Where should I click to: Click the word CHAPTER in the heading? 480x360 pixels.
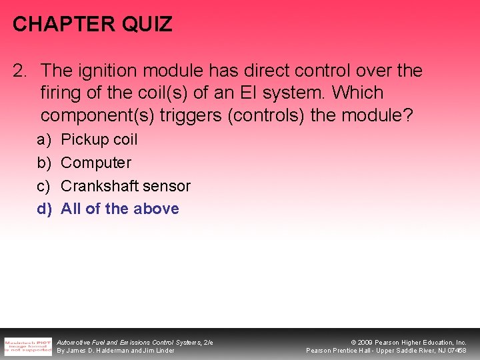pos(63,25)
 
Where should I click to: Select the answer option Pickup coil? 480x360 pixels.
pos(99,139)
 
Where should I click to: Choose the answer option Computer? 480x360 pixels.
pos(96,163)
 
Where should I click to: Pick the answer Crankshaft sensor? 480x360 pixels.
pos(125,186)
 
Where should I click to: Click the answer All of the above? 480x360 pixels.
pos(120,209)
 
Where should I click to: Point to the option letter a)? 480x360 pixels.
pos(43,139)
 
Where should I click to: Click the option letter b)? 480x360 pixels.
pos(43,163)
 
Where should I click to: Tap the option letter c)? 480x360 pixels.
pos(43,186)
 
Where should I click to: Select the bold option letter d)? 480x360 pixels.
pos(44,209)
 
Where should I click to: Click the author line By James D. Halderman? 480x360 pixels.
pos(115,351)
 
